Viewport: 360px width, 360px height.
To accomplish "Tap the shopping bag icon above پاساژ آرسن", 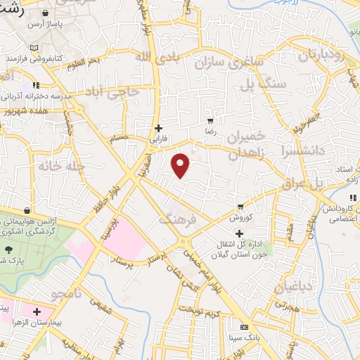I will coord(46,13).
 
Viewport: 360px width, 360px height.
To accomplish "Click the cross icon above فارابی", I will coord(158,128).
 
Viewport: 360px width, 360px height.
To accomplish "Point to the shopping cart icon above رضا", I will coord(210,121).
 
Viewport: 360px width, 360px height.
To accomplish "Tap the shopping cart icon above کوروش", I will coord(240,207).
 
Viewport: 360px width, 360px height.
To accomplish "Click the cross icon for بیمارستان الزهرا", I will coord(37,311).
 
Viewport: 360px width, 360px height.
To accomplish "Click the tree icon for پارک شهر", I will coord(8,250).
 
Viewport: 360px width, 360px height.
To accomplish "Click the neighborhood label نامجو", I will coord(72,291).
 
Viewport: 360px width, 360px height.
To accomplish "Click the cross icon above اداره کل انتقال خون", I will coord(240,233).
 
